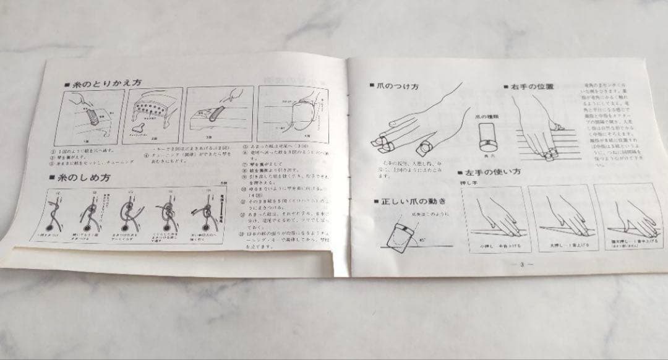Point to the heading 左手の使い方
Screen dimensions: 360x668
[x=494, y=174]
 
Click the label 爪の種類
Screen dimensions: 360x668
[x=489, y=116]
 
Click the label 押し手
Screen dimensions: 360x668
[x=469, y=183]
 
